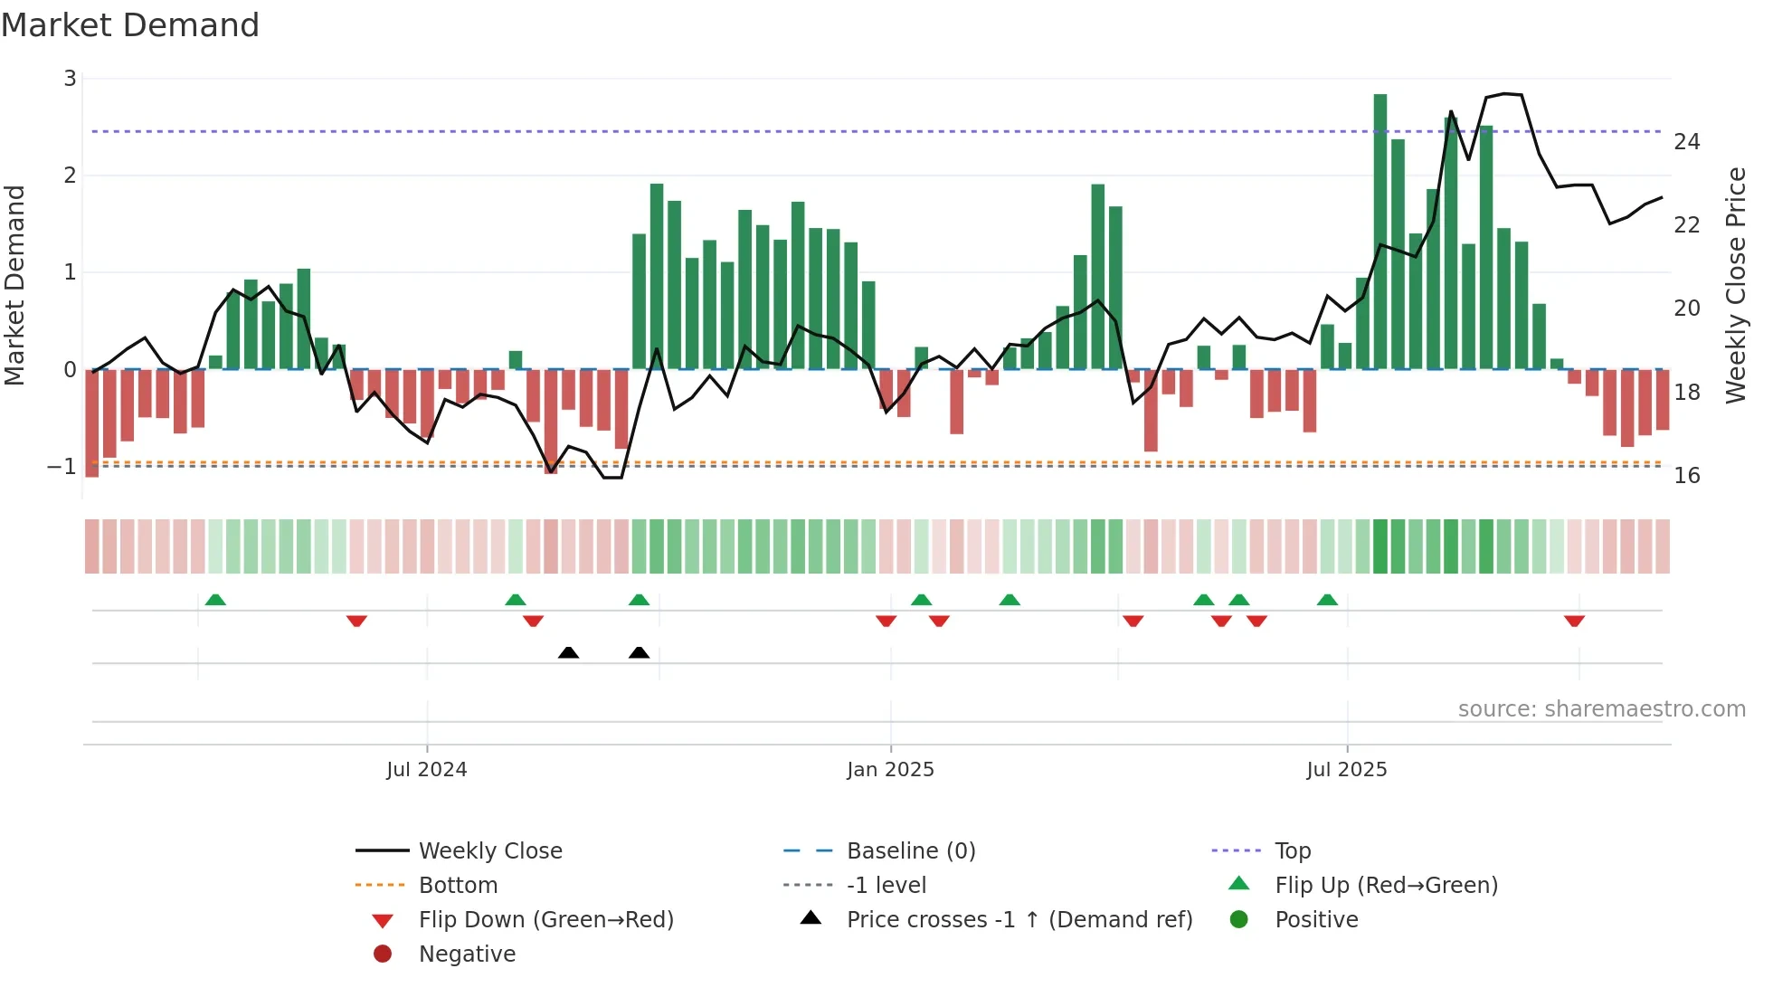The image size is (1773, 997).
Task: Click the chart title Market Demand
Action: point(130,25)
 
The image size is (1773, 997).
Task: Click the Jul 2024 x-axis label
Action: point(426,770)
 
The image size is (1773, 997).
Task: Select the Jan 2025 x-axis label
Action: point(890,770)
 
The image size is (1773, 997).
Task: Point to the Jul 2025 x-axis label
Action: point(1346,770)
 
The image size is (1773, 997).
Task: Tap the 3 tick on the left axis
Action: point(70,79)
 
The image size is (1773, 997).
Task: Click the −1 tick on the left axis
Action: point(62,467)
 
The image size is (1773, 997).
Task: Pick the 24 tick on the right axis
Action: point(1686,142)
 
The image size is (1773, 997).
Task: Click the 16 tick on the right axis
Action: point(1686,476)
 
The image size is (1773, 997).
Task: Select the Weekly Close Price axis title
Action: point(1735,285)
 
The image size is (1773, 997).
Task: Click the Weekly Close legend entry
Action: point(489,851)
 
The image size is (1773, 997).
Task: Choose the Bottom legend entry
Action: point(458,886)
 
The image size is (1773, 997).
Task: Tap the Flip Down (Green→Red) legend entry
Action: point(545,920)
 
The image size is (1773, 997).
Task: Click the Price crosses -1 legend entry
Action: point(1019,920)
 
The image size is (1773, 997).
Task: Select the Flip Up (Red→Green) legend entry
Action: point(1386,886)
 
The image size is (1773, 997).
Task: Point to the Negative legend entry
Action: point(467,954)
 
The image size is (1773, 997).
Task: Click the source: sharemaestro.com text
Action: point(1601,709)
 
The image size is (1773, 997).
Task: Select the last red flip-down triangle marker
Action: point(1574,621)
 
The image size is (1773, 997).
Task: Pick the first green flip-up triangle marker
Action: point(215,600)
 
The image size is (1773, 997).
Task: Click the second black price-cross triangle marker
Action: point(639,652)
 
